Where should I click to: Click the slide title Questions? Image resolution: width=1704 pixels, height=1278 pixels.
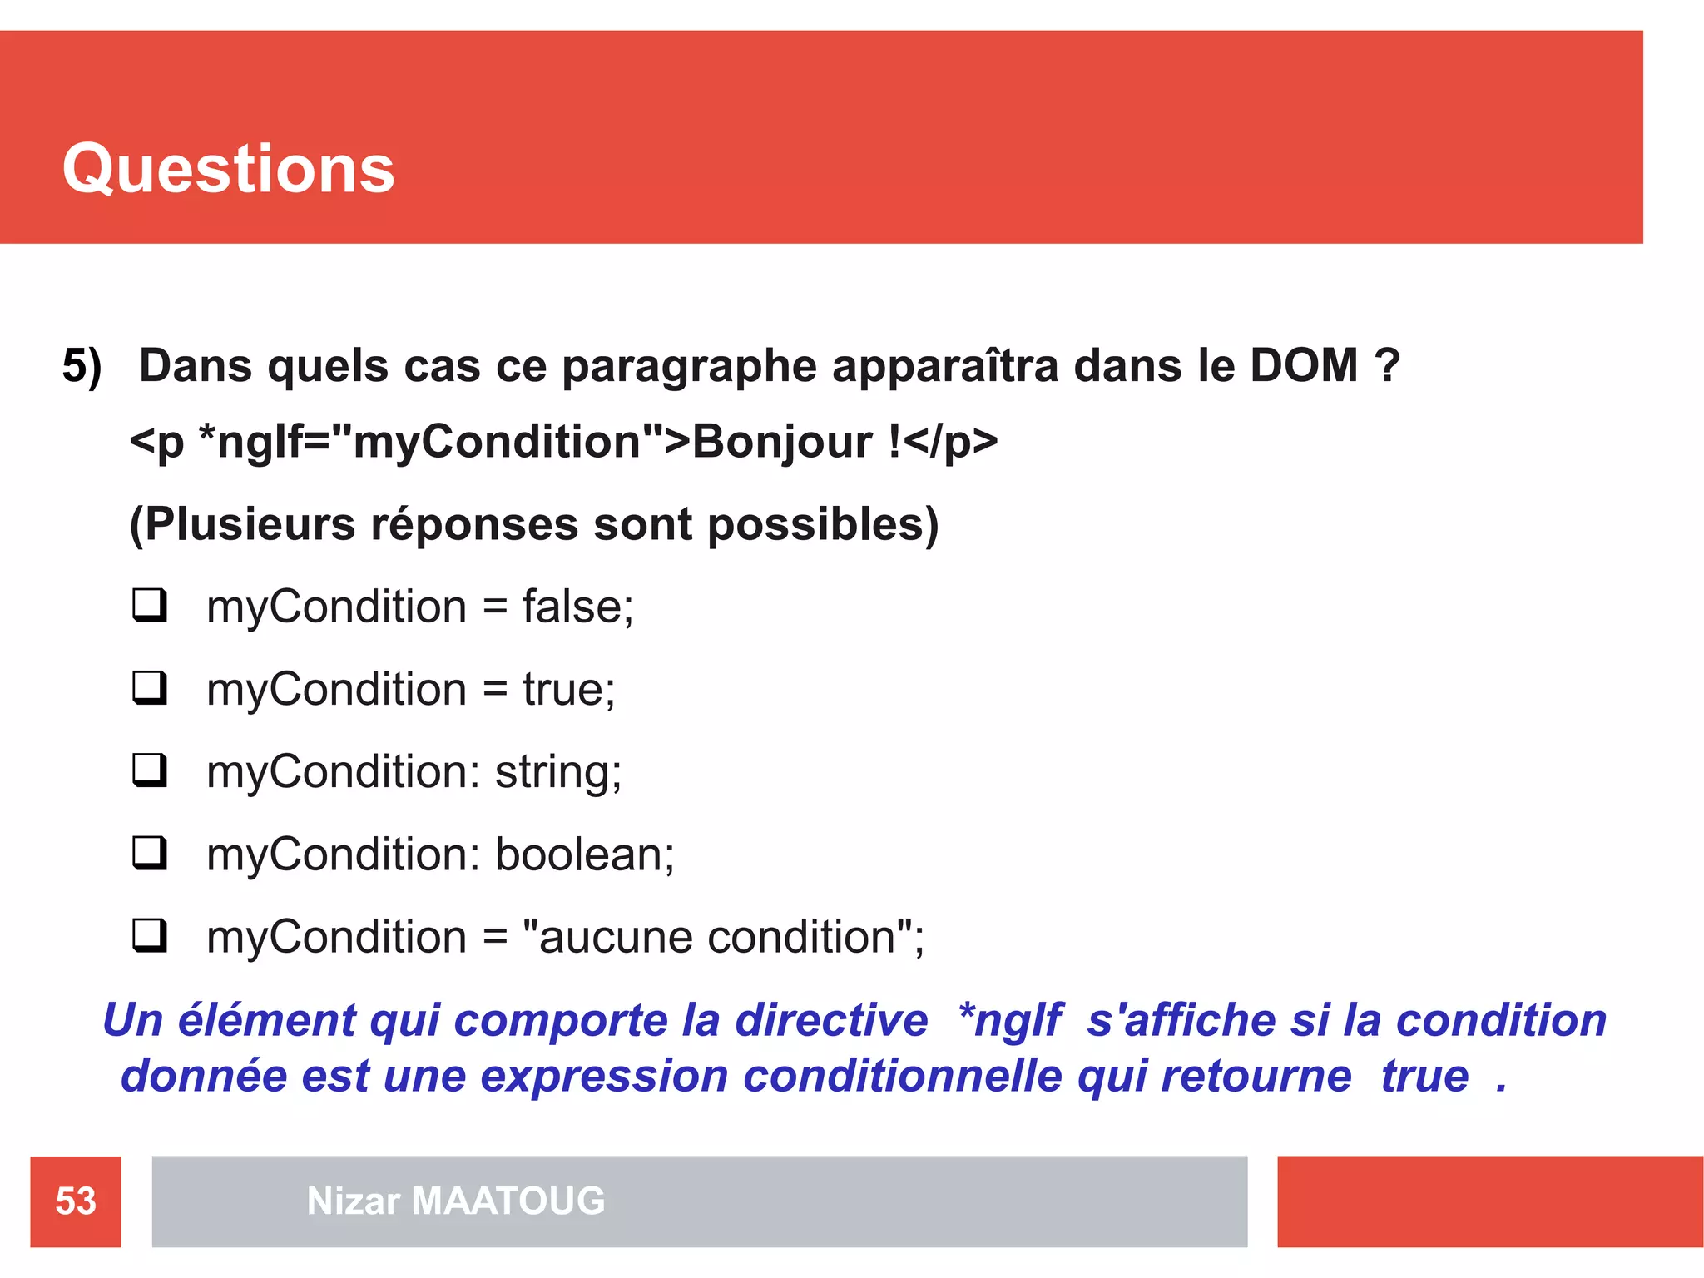228,169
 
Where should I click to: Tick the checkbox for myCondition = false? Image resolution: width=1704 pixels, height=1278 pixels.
150,605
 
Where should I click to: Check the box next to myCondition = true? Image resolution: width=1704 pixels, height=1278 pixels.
150,688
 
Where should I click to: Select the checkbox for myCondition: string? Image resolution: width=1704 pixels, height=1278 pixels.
150,770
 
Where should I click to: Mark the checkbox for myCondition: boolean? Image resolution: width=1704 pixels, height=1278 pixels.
150,853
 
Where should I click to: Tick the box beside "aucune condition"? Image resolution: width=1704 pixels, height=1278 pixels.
150,935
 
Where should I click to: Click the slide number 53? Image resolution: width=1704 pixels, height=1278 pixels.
76,1201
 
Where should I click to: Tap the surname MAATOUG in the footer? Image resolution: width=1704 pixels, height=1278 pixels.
508,1201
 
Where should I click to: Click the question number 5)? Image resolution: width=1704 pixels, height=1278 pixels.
82,366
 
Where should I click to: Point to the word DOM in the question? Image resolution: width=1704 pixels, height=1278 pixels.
1304,365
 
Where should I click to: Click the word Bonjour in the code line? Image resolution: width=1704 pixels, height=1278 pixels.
782,441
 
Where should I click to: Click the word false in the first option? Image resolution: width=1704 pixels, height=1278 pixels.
577,607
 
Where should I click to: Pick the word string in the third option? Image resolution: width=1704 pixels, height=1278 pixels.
557,773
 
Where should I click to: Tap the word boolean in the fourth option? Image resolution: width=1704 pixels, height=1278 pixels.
584,854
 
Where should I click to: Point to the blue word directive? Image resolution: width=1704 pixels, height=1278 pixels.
830,1020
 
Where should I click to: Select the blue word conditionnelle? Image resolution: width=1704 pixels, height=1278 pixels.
902,1076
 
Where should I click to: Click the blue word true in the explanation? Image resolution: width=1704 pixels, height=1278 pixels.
1424,1076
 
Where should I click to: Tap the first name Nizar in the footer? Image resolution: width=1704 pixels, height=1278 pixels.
354,1201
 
